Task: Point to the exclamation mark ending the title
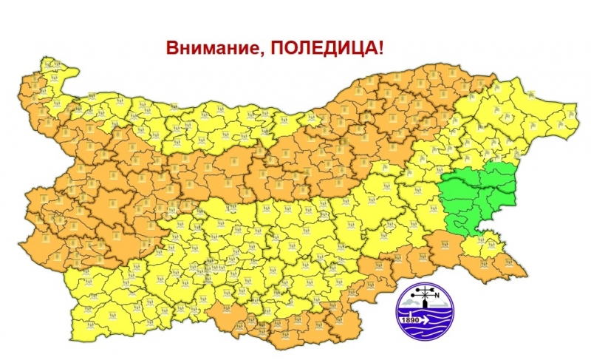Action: tap(381, 50)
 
